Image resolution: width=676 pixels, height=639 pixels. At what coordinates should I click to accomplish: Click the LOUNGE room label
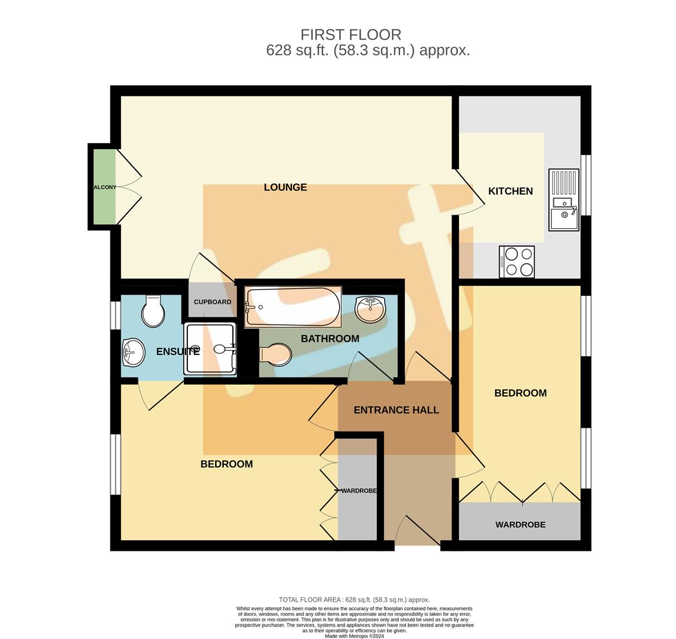(x=285, y=188)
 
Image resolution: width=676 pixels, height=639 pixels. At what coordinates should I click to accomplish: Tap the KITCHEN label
(x=511, y=191)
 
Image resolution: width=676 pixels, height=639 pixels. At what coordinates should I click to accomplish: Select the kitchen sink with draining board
(x=564, y=200)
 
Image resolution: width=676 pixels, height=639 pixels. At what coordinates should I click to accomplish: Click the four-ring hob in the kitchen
(x=517, y=262)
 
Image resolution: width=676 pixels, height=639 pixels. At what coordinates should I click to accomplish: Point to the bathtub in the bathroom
(x=292, y=306)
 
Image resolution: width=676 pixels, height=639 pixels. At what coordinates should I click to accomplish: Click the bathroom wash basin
(x=370, y=309)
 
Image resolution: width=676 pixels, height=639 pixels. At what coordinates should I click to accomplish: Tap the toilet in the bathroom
(x=275, y=355)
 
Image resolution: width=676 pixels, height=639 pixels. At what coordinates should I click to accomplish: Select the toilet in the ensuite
(x=153, y=311)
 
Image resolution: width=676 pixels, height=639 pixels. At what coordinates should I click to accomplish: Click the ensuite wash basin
(x=133, y=353)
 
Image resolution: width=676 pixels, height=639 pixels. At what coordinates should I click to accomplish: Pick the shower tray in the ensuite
(x=210, y=349)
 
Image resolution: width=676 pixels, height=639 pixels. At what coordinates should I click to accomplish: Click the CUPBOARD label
(x=212, y=302)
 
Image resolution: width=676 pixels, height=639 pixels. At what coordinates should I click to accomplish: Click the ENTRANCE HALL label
(x=396, y=410)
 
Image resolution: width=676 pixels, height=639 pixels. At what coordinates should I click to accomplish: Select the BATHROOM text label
(x=330, y=339)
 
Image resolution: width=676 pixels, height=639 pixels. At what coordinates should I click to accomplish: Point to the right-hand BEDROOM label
(x=520, y=393)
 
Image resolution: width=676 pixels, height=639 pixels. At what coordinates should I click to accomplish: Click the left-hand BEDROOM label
(x=226, y=464)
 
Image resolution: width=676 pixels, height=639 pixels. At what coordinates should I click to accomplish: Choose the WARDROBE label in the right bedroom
(x=520, y=525)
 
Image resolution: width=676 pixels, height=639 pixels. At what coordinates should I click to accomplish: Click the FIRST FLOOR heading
(x=350, y=34)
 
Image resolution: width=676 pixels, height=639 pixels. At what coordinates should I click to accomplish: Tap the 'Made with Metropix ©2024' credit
(x=355, y=636)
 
